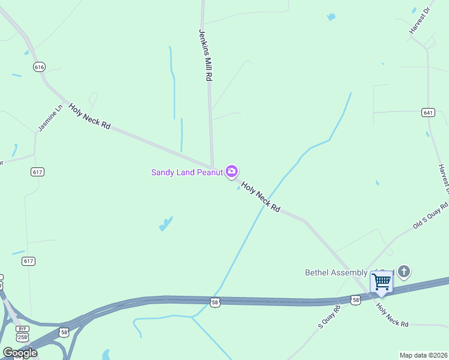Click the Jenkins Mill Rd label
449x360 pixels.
(x=205, y=56)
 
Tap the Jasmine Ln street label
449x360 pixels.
(x=50, y=118)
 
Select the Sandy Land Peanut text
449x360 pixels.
(x=187, y=172)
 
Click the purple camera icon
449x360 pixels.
(x=232, y=172)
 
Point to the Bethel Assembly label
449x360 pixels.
(x=342, y=273)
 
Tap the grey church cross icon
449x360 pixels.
(x=404, y=272)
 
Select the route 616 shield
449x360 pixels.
(x=40, y=67)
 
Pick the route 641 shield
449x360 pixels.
(x=428, y=112)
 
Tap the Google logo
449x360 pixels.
(x=20, y=353)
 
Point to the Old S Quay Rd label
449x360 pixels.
(x=430, y=216)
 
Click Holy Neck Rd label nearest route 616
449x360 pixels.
(x=89, y=116)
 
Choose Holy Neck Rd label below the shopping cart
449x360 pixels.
(x=392, y=316)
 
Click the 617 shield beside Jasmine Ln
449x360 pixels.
(x=38, y=172)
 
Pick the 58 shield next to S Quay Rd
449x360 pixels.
(x=356, y=299)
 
